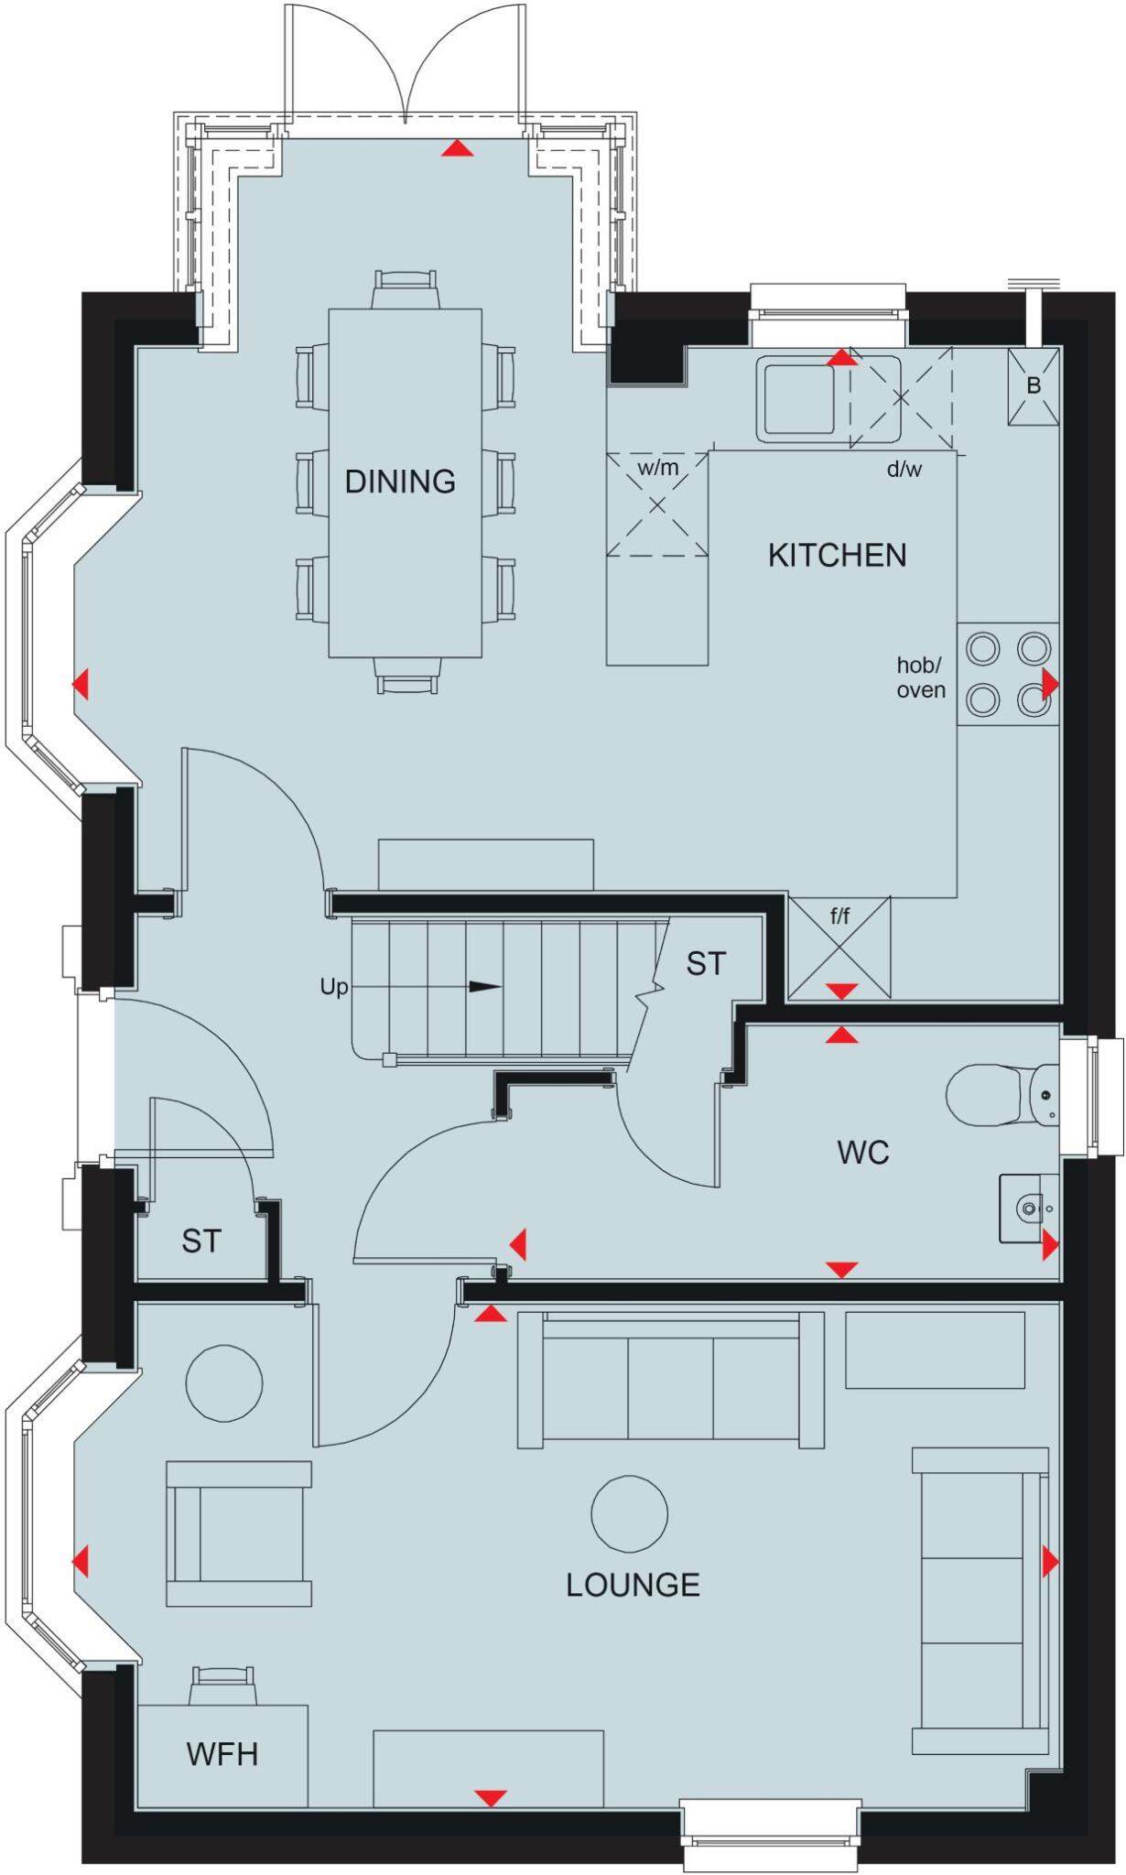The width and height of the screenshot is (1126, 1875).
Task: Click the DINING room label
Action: point(400,482)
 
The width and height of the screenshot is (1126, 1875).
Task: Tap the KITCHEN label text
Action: point(837,556)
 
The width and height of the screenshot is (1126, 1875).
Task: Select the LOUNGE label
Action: point(633,1585)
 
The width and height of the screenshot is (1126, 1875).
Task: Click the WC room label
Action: point(862,1153)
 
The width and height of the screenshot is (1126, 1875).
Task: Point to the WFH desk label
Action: point(222,1754)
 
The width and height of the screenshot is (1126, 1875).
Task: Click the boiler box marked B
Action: point(1034,386)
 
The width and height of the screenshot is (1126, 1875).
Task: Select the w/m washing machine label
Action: point(658,469)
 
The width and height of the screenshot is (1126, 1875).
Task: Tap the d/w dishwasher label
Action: point(904,471)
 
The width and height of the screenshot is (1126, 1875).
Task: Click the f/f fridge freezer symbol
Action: point(839,948)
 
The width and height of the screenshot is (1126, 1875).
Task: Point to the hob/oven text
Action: point(920,678)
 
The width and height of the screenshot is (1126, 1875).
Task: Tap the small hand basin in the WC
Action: point(1028,1208)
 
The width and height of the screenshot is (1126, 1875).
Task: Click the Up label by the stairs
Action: point(333,987)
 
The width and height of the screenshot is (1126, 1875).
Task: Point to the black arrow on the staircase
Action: point(485,987)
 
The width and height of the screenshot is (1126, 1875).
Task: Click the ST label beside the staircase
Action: point(705,964)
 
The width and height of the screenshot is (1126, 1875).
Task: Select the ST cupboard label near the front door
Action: point(200,1241)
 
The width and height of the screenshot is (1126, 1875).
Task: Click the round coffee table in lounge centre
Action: point(629,1514)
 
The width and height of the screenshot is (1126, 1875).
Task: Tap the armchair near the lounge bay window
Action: point(239,1534)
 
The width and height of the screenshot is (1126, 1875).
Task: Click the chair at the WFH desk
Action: point(221,1685)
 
